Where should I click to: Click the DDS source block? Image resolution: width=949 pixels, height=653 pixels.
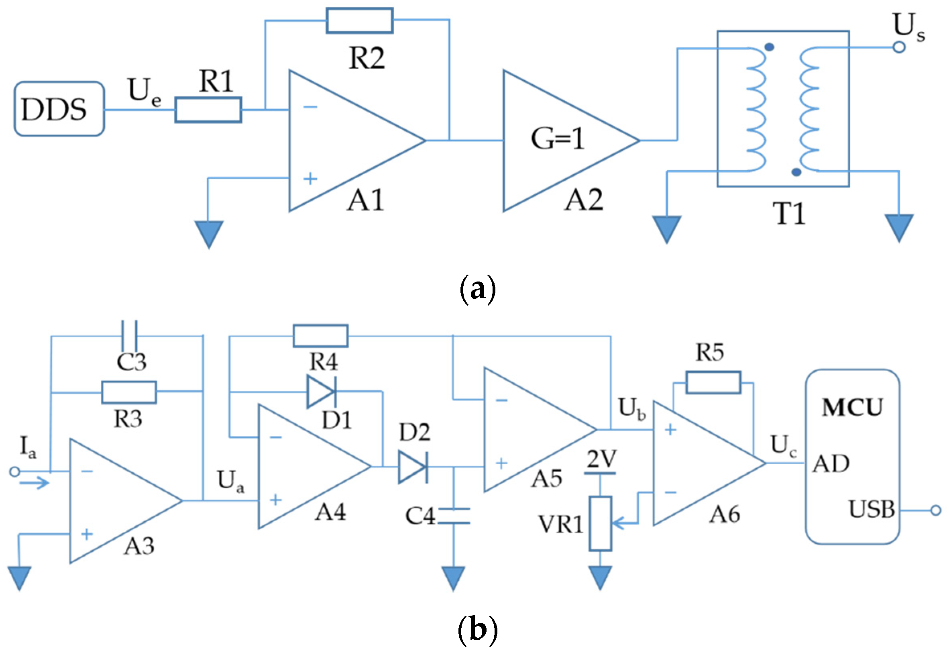click(x=59, y=109)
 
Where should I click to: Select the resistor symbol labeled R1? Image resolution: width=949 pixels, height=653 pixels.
click(x=208, y=110)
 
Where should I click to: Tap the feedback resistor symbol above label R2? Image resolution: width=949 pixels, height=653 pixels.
click(x=359, y=20)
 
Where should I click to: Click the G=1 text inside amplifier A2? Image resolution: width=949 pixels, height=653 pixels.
click(x=558, y=139)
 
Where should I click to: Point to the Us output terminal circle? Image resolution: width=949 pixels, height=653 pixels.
click(x=899, y=47)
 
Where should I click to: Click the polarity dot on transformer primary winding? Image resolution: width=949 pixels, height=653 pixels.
click(x=769, y=47)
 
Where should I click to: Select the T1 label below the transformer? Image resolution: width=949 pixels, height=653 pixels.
click(x=789, y=214)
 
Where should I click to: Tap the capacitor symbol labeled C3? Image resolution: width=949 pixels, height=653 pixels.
click(x=129, y=336)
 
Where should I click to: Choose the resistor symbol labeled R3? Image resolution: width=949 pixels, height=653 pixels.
click(x=129, y=392)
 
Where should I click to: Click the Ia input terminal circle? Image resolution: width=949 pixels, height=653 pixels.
click(x=15, y=472)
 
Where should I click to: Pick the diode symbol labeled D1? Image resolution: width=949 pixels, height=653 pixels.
click(x=322, y=392)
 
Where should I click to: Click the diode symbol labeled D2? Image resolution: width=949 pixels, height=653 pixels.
click(x=413, y=467)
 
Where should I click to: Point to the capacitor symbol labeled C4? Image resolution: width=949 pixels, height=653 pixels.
click(x=454, y=516)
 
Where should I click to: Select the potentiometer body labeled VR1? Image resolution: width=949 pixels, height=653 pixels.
click(x=600, y=524)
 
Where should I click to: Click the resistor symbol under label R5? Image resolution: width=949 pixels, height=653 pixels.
click(x=713, y=383)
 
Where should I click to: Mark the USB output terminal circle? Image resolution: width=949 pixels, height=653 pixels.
click(x=935, y=510)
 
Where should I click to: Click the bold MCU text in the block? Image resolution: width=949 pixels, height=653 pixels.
click(x=853, y=408)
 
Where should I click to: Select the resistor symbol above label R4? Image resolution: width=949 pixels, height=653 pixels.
click(x=321, y=336)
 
